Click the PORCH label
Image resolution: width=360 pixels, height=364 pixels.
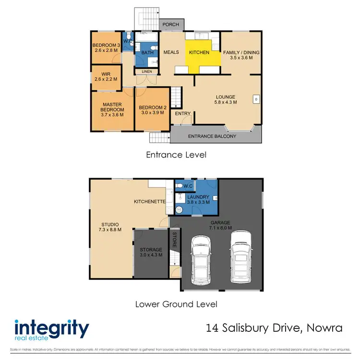171,24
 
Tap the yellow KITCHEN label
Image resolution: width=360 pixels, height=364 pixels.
199,52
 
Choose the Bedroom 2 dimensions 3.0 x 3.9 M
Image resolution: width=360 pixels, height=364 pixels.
152,113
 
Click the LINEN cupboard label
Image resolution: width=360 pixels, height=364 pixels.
147,72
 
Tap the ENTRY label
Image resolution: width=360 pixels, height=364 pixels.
182,114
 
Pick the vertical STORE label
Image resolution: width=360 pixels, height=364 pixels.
174,240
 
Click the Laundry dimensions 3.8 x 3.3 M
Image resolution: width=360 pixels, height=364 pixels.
198,203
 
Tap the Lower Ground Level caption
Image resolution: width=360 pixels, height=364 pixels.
176,304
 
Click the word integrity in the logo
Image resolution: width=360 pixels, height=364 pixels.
52,329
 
